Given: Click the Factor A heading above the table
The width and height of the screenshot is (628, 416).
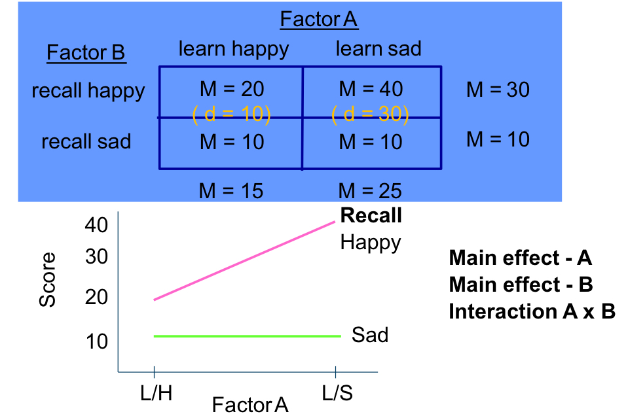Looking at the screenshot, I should point(319,20).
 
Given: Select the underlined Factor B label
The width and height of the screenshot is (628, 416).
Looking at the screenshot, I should point(86,52).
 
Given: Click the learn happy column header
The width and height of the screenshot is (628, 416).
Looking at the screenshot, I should point(233,48).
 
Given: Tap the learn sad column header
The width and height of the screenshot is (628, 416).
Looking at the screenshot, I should point(379,48).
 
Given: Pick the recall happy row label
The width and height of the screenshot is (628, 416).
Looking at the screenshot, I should point(88,90).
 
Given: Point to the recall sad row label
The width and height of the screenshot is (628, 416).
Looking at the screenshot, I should point(86,141).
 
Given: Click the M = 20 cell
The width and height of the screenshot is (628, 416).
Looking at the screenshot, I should point(232,90).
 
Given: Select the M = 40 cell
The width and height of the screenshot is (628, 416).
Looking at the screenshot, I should point(371,90).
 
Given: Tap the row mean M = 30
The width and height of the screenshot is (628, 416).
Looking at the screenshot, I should point(498,90).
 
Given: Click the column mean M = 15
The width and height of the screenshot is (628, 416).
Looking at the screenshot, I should point(231,190).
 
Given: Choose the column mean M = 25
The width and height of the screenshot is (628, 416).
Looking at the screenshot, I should point(371,190).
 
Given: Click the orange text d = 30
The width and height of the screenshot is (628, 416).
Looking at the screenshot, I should point(371,114).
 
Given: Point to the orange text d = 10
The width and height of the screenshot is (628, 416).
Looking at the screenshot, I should point(231,114).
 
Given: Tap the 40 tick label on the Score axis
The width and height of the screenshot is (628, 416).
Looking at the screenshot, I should point(96,225).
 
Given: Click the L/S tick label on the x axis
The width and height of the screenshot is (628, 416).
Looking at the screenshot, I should point(337,394).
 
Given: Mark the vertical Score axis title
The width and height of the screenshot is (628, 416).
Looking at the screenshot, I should point(48,281).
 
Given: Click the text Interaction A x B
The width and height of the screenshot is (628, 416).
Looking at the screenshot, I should point(532,312).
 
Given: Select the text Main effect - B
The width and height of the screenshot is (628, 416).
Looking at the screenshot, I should point(521,285).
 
